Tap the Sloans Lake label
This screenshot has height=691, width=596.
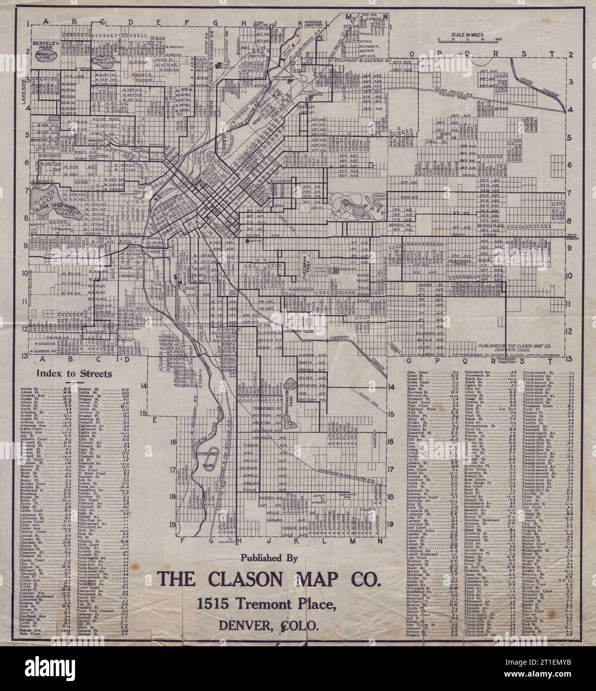coord(44,195)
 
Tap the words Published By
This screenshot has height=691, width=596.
coord(269,558)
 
